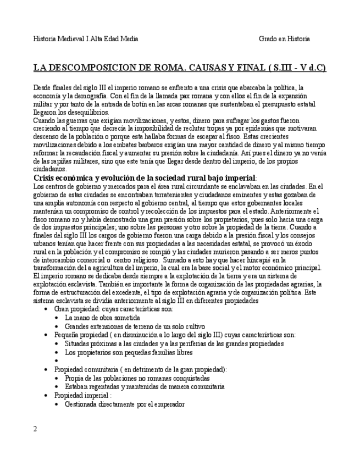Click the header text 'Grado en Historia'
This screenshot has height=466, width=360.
(284, 39)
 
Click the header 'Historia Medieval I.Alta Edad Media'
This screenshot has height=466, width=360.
(86, 39)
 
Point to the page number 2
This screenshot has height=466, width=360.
(35, 429)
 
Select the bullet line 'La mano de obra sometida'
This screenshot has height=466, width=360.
(102, 318)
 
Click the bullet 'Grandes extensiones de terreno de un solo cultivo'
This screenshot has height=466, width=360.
(135, 326)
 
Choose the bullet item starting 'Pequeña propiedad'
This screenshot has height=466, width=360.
(175, 335)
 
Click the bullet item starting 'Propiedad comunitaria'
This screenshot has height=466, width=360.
(140, 370)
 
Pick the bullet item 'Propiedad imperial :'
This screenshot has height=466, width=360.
(83, 395)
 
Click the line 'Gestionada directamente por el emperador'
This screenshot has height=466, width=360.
(125, 404)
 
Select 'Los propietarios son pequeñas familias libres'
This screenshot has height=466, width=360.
(129, 352)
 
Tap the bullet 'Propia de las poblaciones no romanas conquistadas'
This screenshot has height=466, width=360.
(137, 378)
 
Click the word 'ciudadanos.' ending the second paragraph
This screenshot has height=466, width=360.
(50, 169)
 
